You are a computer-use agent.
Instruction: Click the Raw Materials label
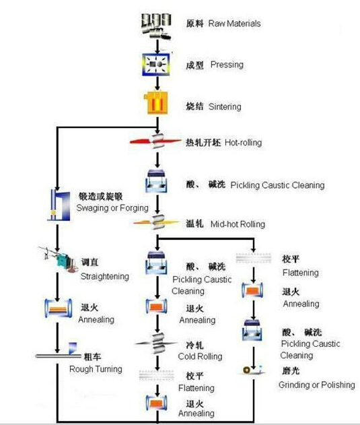[x=234, y=24]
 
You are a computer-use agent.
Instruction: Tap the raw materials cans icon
[x=156, y=26]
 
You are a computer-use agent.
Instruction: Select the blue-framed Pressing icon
[x=156, y=64]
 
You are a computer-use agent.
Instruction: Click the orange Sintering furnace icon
[x=155, y=103]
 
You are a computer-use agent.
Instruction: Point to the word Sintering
[x=225, y=106]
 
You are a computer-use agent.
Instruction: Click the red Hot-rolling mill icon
[x=155, y=141]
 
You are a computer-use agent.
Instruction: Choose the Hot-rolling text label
[x=243, y=143]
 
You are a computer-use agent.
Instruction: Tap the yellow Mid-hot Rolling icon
[x=157, y=222]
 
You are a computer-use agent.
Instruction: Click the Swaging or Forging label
[x=112, y=208]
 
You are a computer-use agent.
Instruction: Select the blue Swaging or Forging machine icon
[x=59, y=205]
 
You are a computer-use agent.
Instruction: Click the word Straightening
[x=105, y=276]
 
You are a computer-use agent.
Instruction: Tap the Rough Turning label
[x=96, y=369]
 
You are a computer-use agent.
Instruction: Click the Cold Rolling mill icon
[x=157, y=343]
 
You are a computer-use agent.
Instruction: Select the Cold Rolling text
[x=200, y=356]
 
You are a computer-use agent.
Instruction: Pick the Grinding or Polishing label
[x=317, y=385]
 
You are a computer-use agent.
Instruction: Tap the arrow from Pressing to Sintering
[x=157, y=84]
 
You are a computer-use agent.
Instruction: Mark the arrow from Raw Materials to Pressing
[x=157, y=46]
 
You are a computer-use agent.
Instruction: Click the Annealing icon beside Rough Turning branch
[x=59, y=308]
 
